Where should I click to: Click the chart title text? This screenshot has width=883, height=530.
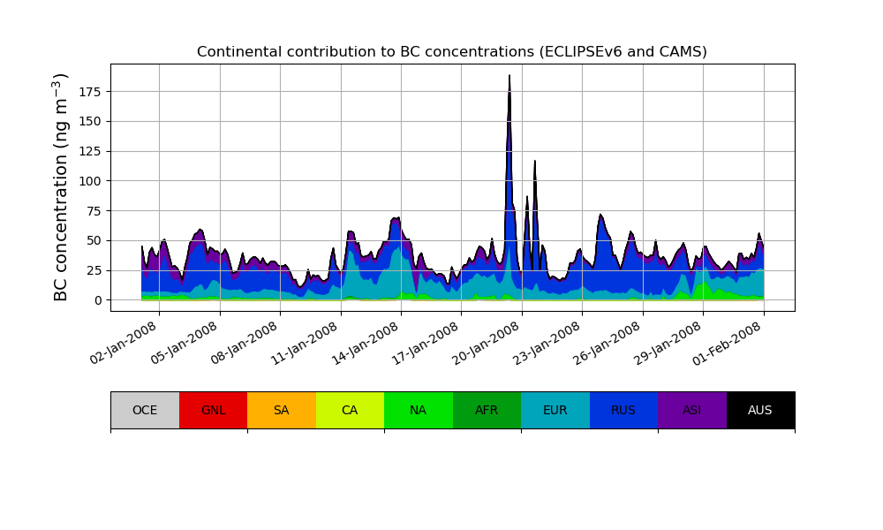tap(451, 52)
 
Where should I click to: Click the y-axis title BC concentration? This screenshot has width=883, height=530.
tap(61, 187)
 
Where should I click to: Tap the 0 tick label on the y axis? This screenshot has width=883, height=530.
tap(99, 300)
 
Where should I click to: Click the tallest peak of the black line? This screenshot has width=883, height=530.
tap(509, 76)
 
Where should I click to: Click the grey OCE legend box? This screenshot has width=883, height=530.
tap(145, 410)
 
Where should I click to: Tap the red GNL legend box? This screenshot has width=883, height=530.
tap(213, 410)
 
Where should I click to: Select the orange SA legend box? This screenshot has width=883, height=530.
tap(282, 410)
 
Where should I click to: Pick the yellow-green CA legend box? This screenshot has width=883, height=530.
tap(350, 410)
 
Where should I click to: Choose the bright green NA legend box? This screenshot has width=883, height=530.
tap(419, 410)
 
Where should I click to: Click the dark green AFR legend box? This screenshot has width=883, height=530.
tap(487, 410)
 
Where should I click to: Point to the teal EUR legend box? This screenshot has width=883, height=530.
tap(555, 410)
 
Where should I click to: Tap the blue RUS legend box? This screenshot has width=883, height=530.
tap(623, 410)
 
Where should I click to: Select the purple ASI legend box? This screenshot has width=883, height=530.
tap(692, 410)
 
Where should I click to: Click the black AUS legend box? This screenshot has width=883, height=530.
tap(760, 410)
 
